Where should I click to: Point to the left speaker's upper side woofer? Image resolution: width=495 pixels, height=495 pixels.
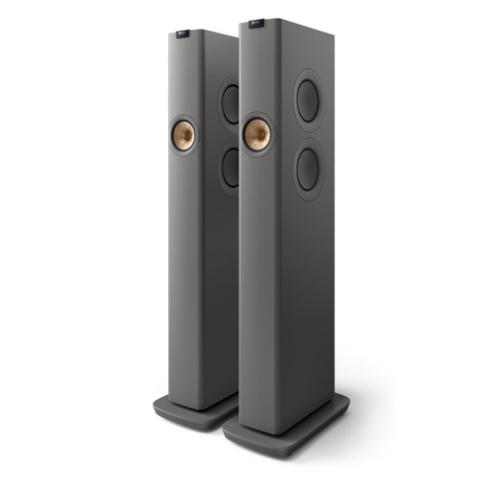point(230,103)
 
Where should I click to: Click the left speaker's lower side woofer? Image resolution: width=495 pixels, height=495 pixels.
point(230,164)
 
